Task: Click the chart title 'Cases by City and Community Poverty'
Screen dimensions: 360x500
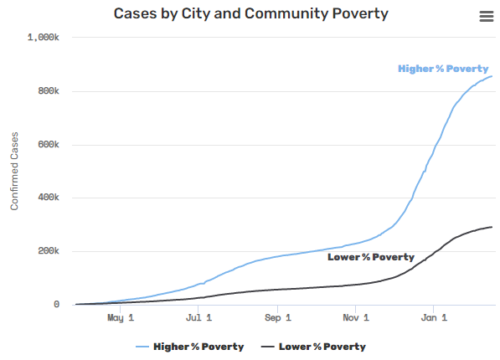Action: click(251, 14)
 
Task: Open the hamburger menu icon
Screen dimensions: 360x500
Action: click(486, 17)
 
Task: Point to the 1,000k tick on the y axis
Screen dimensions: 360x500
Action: click(44, 38)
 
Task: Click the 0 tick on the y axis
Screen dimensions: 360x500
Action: click(56, 305)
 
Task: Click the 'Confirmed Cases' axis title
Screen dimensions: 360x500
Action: click(14, 171)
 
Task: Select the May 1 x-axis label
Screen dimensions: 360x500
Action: click(121, 319)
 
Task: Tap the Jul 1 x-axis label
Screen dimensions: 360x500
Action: click(198, 319)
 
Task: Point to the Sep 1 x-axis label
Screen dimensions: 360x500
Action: click(277, 319)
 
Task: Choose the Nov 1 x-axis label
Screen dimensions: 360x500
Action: click(356, 319)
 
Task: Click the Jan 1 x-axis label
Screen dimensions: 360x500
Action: click(433, 319)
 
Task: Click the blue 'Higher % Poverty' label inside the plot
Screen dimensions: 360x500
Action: click(442, 69)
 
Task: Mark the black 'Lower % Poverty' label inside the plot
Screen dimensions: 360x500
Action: click(370, 257)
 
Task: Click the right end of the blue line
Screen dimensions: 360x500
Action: click(492, 77)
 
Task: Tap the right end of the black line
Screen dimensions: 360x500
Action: click(492, 227)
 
